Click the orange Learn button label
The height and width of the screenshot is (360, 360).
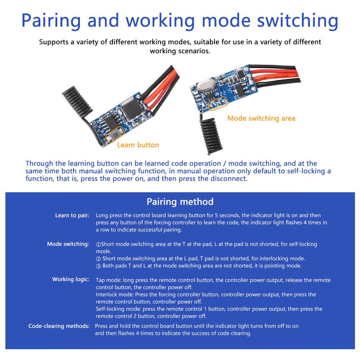[138, 145]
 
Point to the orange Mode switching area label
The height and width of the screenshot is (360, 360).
[261, 118]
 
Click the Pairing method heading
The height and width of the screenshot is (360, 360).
[180, 202]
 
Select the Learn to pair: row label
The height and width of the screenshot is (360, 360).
[72, 216]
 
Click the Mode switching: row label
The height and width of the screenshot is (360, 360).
[68, 244]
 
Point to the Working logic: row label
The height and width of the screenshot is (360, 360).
[71, 279]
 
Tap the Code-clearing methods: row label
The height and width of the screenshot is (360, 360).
[59, 326]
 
